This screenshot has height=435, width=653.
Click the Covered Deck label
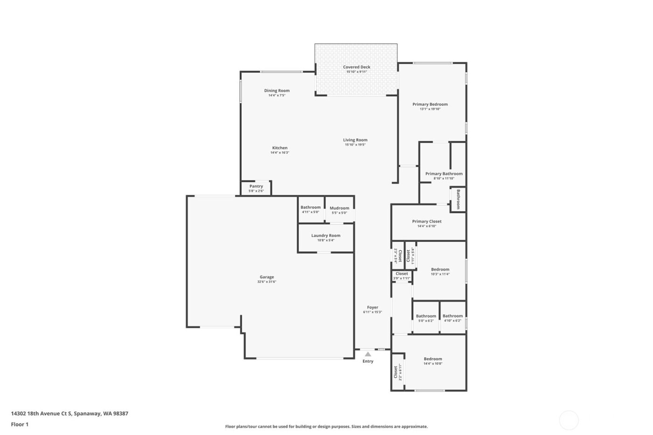point(356,67)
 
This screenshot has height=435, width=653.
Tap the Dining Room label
point(277,90)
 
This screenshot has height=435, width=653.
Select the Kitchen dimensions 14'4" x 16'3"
point(280,153)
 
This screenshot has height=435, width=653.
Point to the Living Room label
point(355,140)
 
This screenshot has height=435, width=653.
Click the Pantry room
point(256,188)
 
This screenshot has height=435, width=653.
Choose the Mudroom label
point(339,208)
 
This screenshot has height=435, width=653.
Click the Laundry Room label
point(326,235)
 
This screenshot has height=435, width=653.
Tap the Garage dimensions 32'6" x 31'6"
point(267,282)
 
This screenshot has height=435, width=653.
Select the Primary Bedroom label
point(430,104)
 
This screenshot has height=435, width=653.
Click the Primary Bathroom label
point(444,173)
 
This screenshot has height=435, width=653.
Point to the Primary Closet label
point(426,221)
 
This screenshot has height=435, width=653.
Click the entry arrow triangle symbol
point(368,354)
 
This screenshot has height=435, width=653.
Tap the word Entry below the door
point(368,361)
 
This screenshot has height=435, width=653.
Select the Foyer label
point(372,307)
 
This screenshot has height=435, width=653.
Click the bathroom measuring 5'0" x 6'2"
point(426,318)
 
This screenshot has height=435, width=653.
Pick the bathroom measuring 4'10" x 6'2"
point(452,318)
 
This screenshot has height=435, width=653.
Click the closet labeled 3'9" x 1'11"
point(402,276)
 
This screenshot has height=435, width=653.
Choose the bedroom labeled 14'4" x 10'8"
point(433,361)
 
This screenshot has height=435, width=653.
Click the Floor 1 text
point(20,424)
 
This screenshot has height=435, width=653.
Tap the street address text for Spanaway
point(69,413)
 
